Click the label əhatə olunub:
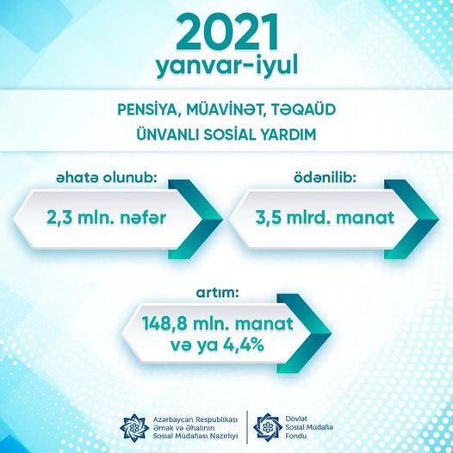click(106, 178)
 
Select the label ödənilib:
click(325, 178)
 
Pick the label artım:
click(218, 293)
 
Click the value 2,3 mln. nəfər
click(107, 218)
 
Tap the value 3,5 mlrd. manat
click(325, 218)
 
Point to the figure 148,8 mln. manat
click(218, 325)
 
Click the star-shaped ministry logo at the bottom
click(134, 427)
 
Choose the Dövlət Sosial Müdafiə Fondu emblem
click(268, 427)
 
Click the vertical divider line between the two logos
click(247, 427)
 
